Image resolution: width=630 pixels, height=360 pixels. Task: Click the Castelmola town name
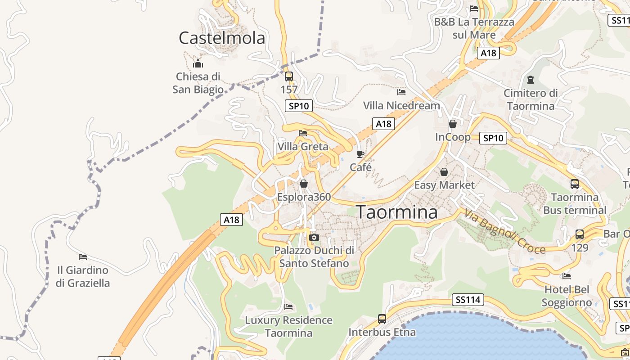click(222, 38)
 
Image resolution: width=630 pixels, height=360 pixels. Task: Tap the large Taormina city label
click(396, 212)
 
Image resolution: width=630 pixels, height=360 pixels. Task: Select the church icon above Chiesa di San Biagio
click(198, 63)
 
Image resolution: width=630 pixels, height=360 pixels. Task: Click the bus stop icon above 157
click(289, 76)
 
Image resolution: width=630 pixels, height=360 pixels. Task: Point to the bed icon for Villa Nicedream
click(401, 92)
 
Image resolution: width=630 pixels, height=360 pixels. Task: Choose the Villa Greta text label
click(303, 147)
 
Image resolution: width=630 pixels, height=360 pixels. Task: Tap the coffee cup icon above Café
click(360, 154)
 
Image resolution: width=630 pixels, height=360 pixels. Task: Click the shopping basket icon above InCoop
click(453, 124)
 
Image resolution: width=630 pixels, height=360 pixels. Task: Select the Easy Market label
click(444, 185)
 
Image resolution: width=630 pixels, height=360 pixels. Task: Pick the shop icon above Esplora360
click(304, 184)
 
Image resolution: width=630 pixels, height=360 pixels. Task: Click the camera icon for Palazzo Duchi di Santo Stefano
click(314, 237)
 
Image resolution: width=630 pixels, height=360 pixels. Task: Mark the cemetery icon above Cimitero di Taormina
click(531, 80)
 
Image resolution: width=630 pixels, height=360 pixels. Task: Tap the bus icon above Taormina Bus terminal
click(575, 184)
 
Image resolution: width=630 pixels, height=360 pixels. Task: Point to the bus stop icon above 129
click(580, 234)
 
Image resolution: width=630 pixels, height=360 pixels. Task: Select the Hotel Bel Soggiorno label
click(567, 296)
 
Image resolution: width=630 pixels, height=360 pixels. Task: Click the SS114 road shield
click(468, 299)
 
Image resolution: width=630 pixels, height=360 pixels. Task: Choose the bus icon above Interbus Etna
click(382, 319)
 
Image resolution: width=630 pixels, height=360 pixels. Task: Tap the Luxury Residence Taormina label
click(288, 327)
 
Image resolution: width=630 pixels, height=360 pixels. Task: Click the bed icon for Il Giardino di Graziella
click(83, 257)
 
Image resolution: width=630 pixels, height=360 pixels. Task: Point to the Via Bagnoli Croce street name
click(505, 232)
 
